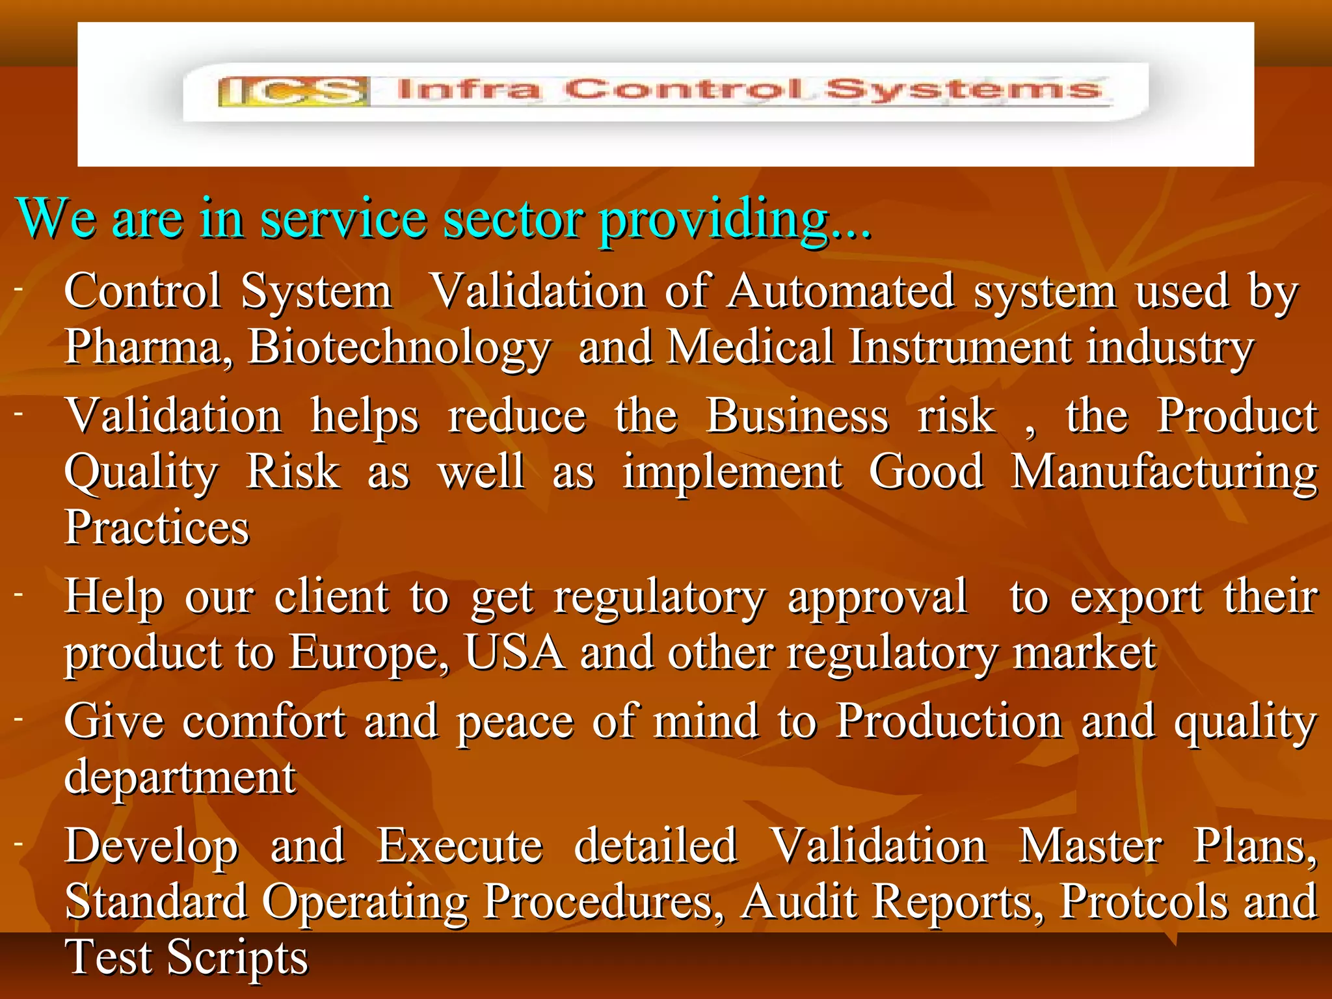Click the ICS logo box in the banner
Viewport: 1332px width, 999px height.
tap(294, 91)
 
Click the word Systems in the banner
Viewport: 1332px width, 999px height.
tap(965, 90)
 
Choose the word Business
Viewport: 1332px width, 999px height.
tap(797, 416)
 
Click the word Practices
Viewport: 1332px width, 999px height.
tap(157, 527)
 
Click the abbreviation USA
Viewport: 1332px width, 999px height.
tap(514, 652)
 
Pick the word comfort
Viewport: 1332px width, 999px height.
tap(263, 722)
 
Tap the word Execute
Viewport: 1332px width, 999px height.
tap(459, 847)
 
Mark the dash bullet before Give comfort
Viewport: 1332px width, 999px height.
tap(20, 718)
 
